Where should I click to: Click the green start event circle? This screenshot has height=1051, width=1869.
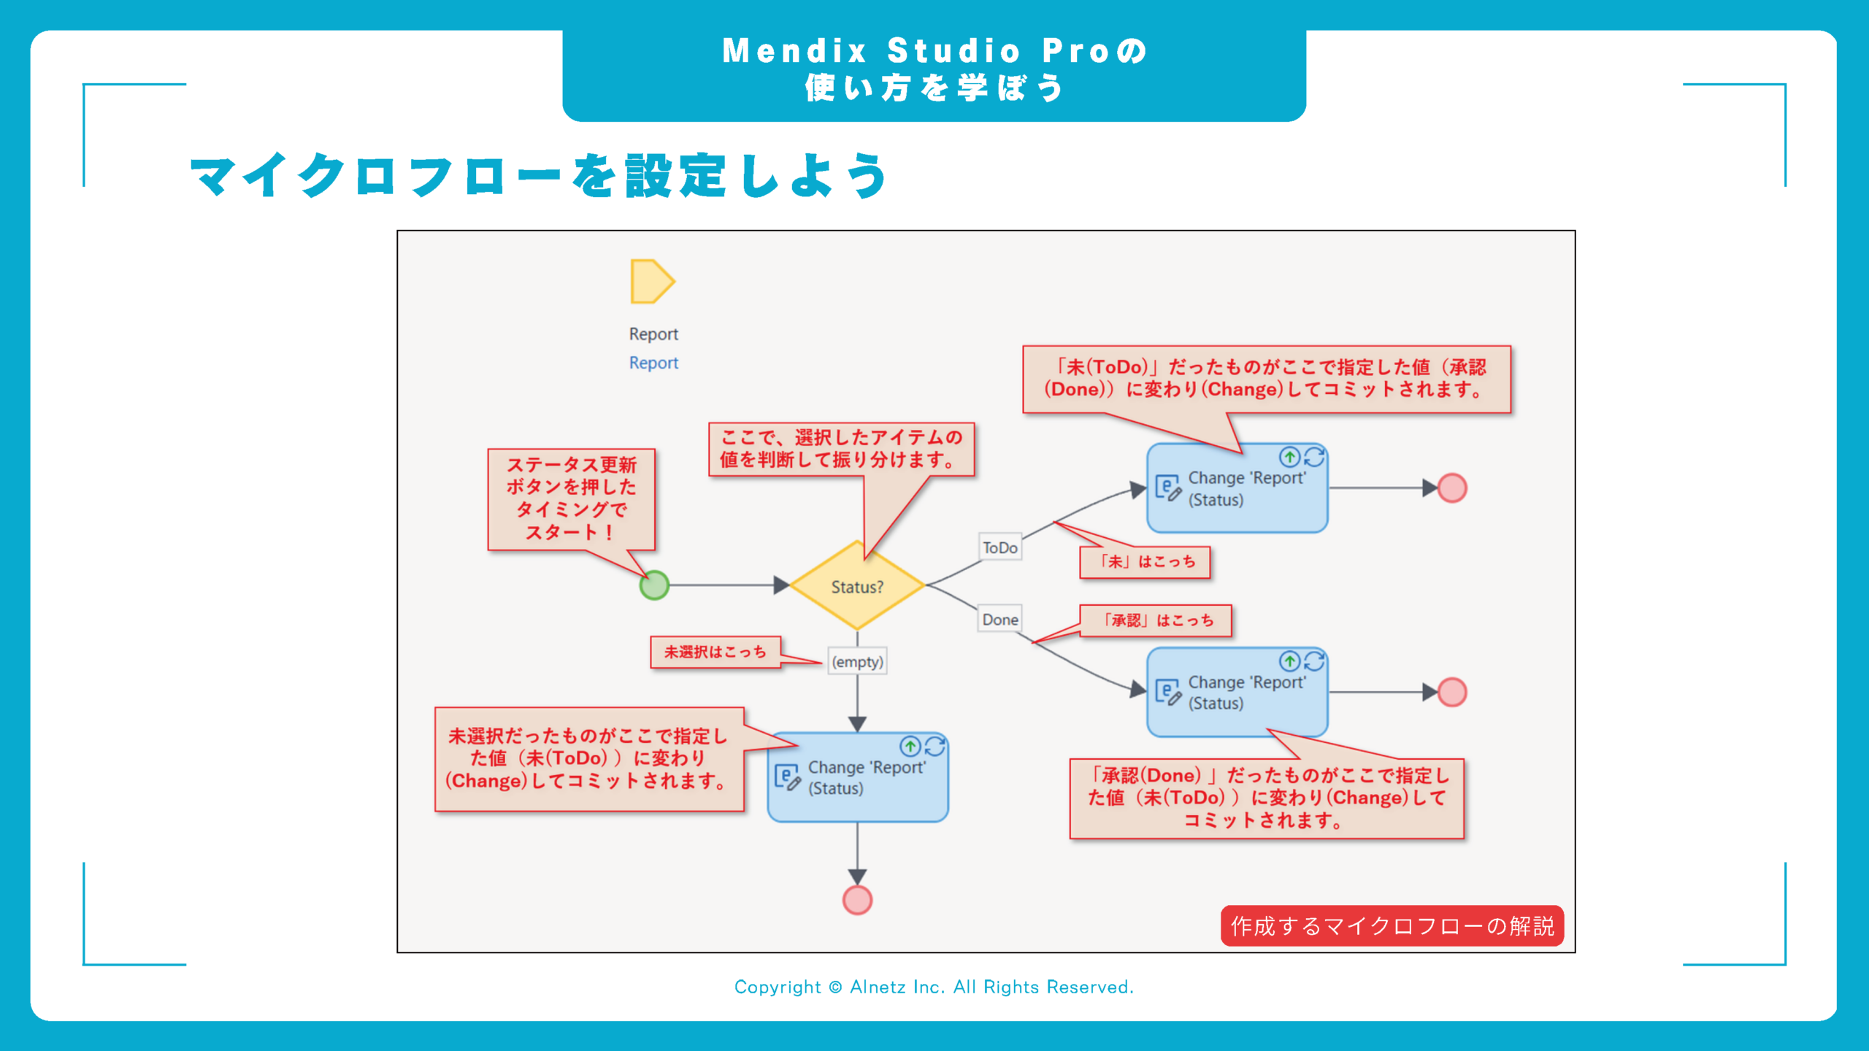pyautogui.click(x=654, y=585)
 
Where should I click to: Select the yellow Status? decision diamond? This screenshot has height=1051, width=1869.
pyautogui.click(x=857, y=586)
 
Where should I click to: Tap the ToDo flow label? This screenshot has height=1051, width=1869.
pyautogui.click(x=999, y=547)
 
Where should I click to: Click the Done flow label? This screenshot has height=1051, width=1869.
pyautogui.click(x=999, y=620)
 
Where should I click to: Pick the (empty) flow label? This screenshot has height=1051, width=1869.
pyautogui.click(x=857, y=662)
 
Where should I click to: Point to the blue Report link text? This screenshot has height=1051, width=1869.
pyautogui.click(x=653, y=363)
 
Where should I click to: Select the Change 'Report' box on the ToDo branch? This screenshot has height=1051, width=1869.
pyautogui.click(x=1237, y=488)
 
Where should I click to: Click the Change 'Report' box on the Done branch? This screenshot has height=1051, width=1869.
pyautogui.click(x=1237, y=692)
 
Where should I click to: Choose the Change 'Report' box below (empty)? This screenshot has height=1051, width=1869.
pyautogui.click(x=858, y=777)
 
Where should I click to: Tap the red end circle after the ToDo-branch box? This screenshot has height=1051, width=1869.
pyautogui.click(x=1452, y=488)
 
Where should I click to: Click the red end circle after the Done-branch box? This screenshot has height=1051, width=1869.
pyautogui.click(x=1452, y=692)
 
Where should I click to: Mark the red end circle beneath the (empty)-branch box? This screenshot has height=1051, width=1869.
pyautogui.click(x=857, y=900)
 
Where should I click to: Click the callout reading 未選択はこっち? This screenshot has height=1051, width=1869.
pyautogui.click(x=715, y=652)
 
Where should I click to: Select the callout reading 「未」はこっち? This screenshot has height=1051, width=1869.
pyautogui.click(x=1145, y=562)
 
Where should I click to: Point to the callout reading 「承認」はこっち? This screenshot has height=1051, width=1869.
pyautogui.click(x=1156, y=620)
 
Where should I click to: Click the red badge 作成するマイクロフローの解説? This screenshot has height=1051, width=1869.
pyautogui.click(x=1392, y=925)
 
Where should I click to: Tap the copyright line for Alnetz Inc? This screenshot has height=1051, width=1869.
pyautogui.click(x=934, y=987)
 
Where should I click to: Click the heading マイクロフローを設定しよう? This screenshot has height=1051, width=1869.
pyautogui.click(x=539, y=176)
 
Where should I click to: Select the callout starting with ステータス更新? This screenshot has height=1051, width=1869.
pyautogui.click(x=572, y=498)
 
